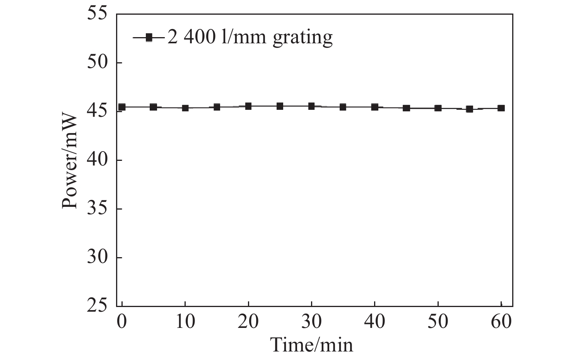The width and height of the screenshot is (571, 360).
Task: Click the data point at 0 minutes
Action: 122,107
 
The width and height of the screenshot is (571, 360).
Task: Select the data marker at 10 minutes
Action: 185,108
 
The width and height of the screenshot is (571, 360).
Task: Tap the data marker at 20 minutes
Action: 248,106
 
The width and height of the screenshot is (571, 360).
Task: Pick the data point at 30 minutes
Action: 311,106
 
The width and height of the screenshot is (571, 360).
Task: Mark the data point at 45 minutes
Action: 406,108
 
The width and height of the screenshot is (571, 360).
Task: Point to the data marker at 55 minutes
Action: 469,109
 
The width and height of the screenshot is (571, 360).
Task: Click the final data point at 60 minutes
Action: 501,108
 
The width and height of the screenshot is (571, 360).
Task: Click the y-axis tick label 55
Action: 97,14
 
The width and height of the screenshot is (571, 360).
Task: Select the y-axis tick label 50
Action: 97,63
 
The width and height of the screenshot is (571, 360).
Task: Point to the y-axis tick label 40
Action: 97,160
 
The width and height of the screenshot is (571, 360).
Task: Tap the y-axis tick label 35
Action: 97,209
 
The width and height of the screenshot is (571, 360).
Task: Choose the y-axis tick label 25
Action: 97,306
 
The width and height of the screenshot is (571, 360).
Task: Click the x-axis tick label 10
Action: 185,322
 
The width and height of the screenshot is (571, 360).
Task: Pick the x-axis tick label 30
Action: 311,322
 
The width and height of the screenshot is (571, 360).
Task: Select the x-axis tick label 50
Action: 438,322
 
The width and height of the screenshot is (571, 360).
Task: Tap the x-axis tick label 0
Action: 122,322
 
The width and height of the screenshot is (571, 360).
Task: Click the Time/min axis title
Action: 312,345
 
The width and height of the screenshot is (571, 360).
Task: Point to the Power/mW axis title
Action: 70,160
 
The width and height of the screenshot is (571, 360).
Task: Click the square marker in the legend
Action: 149,38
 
